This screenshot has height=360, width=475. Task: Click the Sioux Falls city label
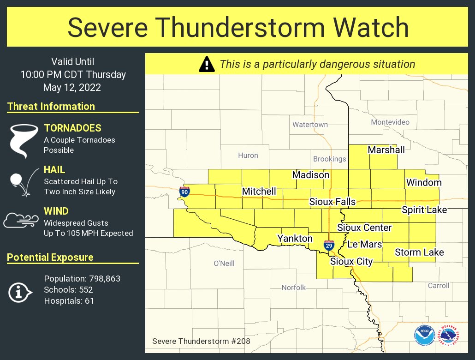tap(332, 202)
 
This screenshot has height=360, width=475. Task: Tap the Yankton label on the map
tap(295, 238)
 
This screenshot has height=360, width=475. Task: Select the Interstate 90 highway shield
tap(184, 192)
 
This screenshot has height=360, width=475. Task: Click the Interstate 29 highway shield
tap(329, 245)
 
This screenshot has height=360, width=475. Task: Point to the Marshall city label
tap(386, 150)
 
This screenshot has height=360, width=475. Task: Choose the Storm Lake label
tap(419, 252)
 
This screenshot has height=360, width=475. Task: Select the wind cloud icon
tap(21, 221)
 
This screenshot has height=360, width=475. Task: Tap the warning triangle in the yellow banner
tap(207, 64)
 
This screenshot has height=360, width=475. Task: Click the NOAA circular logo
tap(424, 336)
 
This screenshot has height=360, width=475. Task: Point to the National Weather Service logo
tap(449, 336)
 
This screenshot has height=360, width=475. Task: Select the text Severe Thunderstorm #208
tap(201, 342)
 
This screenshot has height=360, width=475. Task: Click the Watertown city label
tap(310, 125)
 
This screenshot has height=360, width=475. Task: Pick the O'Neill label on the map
tap(224, 263)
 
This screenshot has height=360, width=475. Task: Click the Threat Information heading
tap(51, 106)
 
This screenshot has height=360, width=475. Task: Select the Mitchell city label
tap(259, 191)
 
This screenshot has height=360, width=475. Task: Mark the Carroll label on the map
tap(438, 285)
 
